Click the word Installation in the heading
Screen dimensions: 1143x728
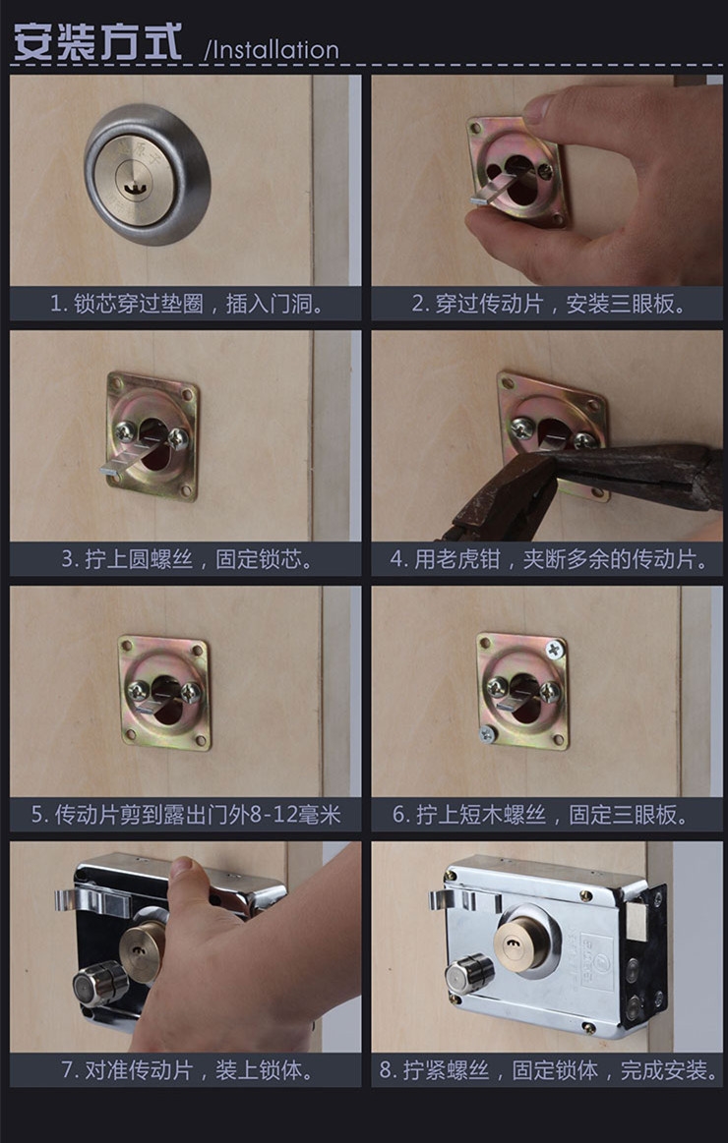coord(271,49)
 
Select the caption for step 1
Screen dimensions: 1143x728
coord(187,304)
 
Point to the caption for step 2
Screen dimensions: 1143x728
coord(548,304)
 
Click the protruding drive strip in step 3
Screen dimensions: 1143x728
coord(119,470)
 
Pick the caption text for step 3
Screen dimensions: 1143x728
coord(187,559)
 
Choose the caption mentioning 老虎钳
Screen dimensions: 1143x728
coord(548,559)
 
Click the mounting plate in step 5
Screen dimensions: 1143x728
coord(164,692)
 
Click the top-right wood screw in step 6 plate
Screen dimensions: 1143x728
coord(556,649)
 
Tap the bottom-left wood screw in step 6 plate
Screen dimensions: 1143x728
coord(487,734)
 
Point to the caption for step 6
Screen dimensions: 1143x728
coord(548,815)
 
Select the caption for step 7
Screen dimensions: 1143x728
coord(187,1070)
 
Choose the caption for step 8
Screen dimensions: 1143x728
coord(548,1070)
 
